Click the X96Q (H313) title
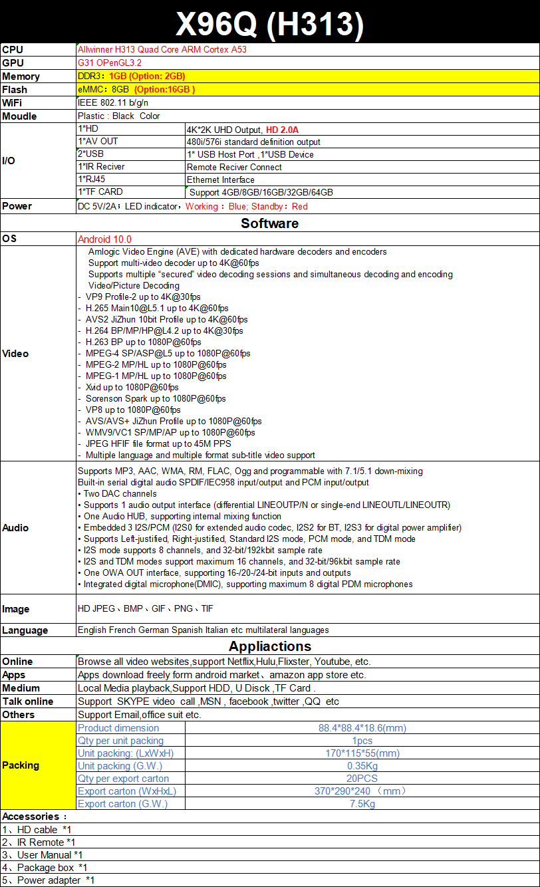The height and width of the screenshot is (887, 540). pos(269,25)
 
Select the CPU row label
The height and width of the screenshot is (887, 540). pos(13,49)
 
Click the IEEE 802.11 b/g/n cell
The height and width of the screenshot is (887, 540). pos(113,102)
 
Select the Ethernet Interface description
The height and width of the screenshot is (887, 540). pos(221,180)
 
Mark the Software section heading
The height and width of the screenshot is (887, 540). pos(269,223)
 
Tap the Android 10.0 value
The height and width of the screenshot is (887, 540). pos(104,239)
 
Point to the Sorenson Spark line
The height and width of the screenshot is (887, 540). pos(156,398)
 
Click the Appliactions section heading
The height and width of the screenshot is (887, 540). pos(269,646)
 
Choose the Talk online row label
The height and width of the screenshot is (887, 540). pos(27,701)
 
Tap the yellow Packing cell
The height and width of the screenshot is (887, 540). pos(21,765)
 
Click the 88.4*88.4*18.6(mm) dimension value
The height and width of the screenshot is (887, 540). pos(362,728)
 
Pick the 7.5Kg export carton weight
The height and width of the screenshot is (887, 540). pos(362,804)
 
